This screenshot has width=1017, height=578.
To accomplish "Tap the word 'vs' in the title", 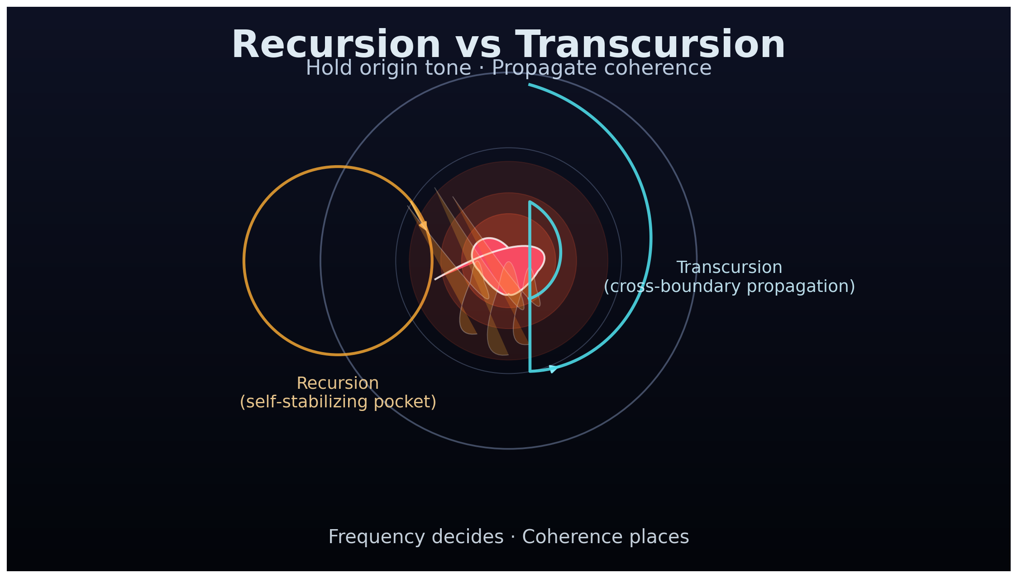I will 478,45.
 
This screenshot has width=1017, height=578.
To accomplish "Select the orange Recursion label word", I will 338,383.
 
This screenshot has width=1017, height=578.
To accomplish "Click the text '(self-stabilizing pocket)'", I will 338,402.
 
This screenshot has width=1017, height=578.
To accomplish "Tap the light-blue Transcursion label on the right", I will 729,268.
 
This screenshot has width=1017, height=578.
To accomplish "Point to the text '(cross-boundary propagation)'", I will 729,287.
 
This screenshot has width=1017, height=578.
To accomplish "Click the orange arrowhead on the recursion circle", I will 424,225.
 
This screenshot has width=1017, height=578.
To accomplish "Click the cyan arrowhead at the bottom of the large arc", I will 553,369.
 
